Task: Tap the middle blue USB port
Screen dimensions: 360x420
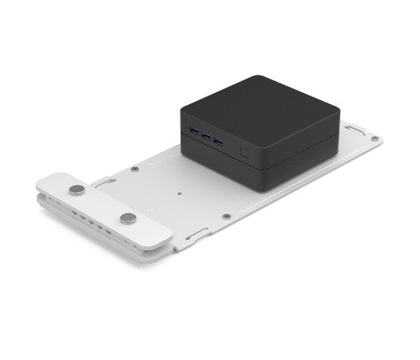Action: click(207, 134)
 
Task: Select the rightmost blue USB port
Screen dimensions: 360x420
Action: click(219, 139)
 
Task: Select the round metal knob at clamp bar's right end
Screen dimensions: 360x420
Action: click(128, 218)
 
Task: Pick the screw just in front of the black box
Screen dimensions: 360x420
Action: click(227, 217)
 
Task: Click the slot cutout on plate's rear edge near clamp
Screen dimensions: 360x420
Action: click(105, 180)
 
